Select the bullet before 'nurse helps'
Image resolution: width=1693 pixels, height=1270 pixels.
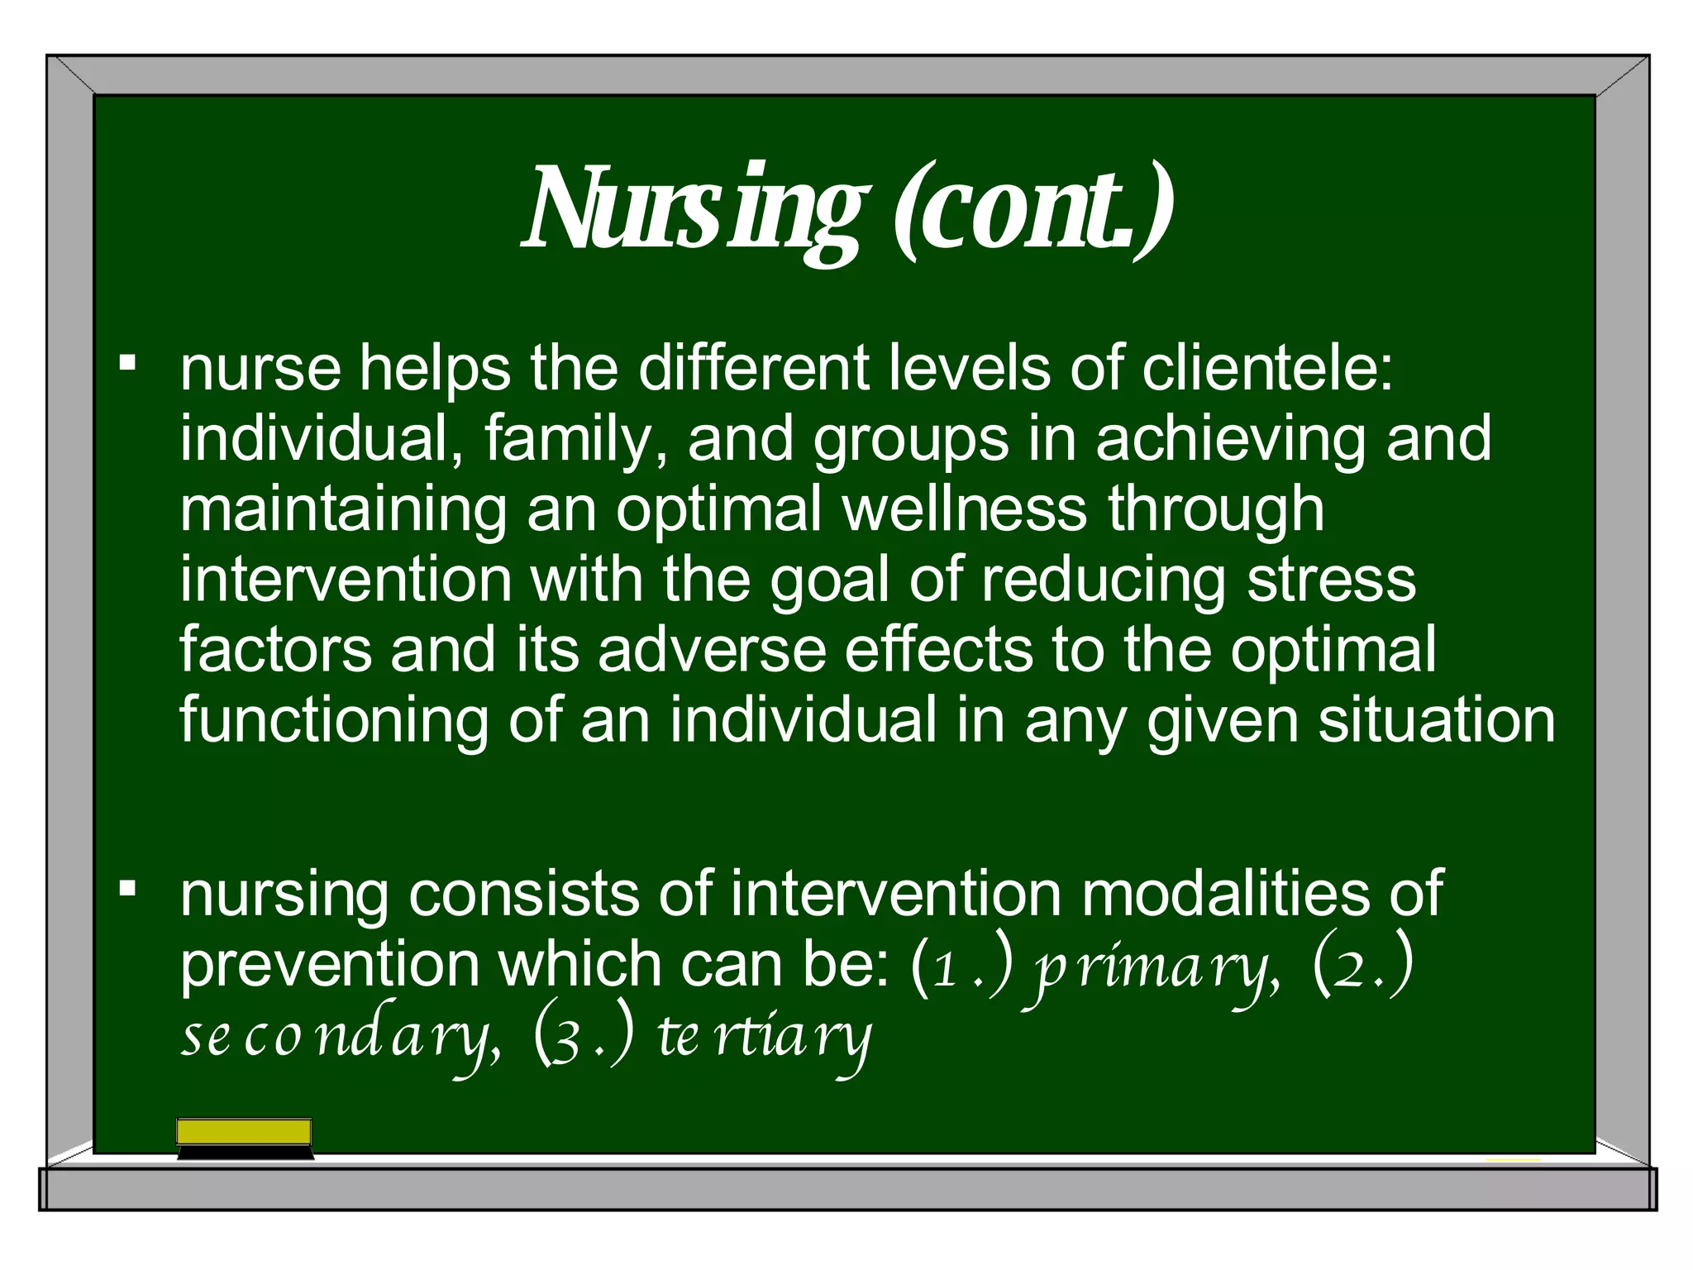pyautogui.click(x=127, y=362)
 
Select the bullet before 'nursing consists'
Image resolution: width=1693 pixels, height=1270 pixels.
pyautogui.click(x=127, y=889)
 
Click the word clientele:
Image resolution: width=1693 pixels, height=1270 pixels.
pyautogui.click(x=1267, y=368)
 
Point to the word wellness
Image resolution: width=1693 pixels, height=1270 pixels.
pyautogui.click(x=965, y=509)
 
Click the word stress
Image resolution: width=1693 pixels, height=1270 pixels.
pyautogui.click(x=1332, y=580)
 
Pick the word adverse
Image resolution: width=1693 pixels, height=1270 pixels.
pyautogui.click(x=712, y=650)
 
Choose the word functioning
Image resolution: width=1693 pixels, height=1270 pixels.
pyautogui.click(x=334, y=722)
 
